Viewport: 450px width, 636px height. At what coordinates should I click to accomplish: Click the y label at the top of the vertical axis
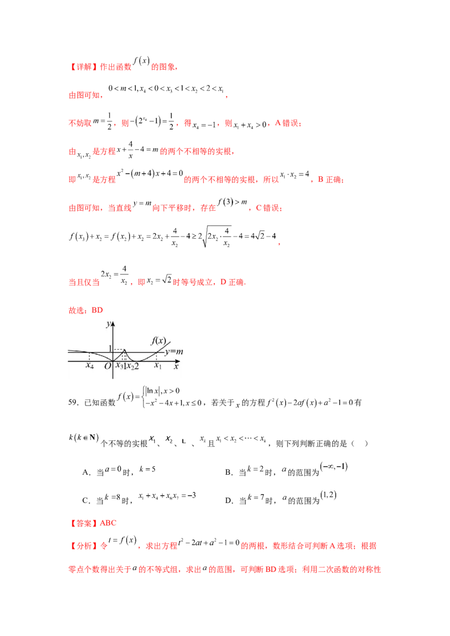[107, 325]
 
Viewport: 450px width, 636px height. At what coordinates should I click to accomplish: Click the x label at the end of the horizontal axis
[175, 366]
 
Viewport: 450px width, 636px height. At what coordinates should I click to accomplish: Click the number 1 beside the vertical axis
[110, 348]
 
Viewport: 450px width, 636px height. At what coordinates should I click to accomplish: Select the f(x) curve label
[157, 339]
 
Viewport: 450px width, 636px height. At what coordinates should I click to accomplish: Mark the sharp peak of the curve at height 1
[124, 349]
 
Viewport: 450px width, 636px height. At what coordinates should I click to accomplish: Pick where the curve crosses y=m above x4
[89, 352]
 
